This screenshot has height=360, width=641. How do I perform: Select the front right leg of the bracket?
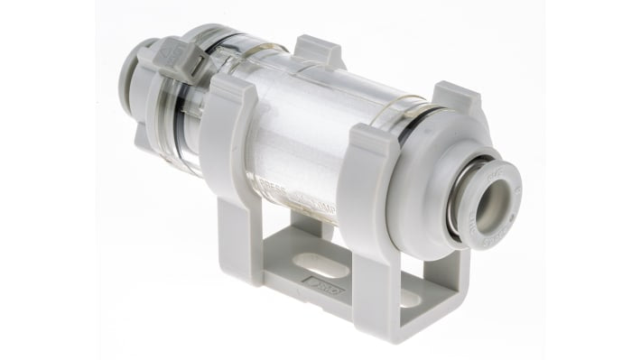pos(367,289)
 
